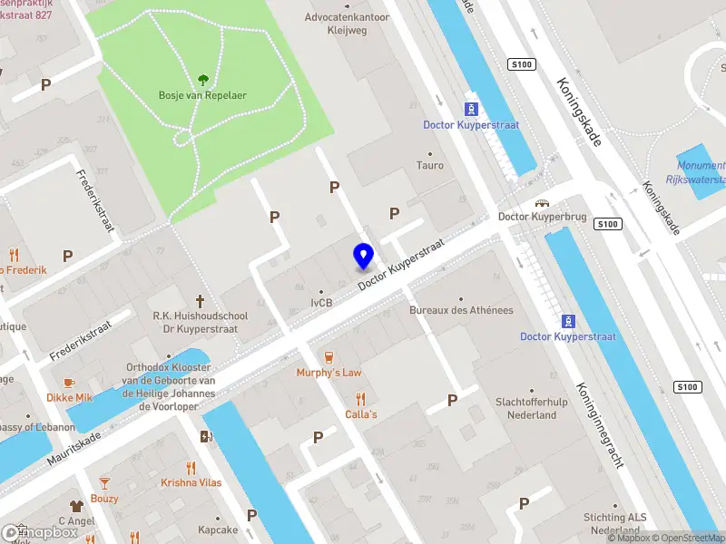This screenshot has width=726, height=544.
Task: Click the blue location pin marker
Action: coord(364,256)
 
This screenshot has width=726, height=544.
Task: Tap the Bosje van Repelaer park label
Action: coord(202,96)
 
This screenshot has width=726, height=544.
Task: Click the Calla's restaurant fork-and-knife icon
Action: coord(360,398)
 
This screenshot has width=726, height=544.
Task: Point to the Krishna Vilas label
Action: coord(191,483)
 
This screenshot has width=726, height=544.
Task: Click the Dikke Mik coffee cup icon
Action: coord(70,383)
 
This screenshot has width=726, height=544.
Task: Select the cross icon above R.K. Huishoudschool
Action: coord(201,300)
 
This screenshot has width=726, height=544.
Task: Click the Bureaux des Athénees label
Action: coord(461,310)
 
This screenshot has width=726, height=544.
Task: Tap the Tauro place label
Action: coord(429,166)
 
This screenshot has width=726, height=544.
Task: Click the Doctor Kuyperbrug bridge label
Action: coord(542,218)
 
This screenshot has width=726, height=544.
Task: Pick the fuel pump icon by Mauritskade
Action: coord(207,437)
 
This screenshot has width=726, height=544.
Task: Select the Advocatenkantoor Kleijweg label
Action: coord(347,23)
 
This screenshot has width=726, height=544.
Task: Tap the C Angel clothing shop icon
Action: coord(77,506)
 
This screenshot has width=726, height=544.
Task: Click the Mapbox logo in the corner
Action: coord(40,533)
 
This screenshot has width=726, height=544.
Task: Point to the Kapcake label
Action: coord(218,529)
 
